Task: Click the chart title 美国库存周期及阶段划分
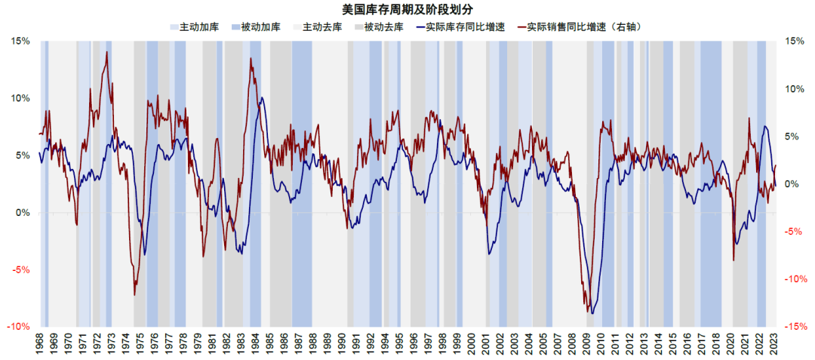(x=408, y=9)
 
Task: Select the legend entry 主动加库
(x=194, y=26)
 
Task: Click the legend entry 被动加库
(x=255, y=26)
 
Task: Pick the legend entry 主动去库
(x=316, y=26)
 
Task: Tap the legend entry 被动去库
(x=377, y=26)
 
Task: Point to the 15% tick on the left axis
(x=20, y=41)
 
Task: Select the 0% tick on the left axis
(x=23, y=213)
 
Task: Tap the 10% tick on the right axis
(x=797, y=88)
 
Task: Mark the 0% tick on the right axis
(x=795, y=184)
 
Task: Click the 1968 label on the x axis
(x=40, y=345)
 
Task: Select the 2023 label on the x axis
(x=777, y=345)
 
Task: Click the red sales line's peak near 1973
(x=106, y=52)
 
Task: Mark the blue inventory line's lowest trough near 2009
(x=593, y=313)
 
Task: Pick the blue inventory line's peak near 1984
(x=261, y=97)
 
